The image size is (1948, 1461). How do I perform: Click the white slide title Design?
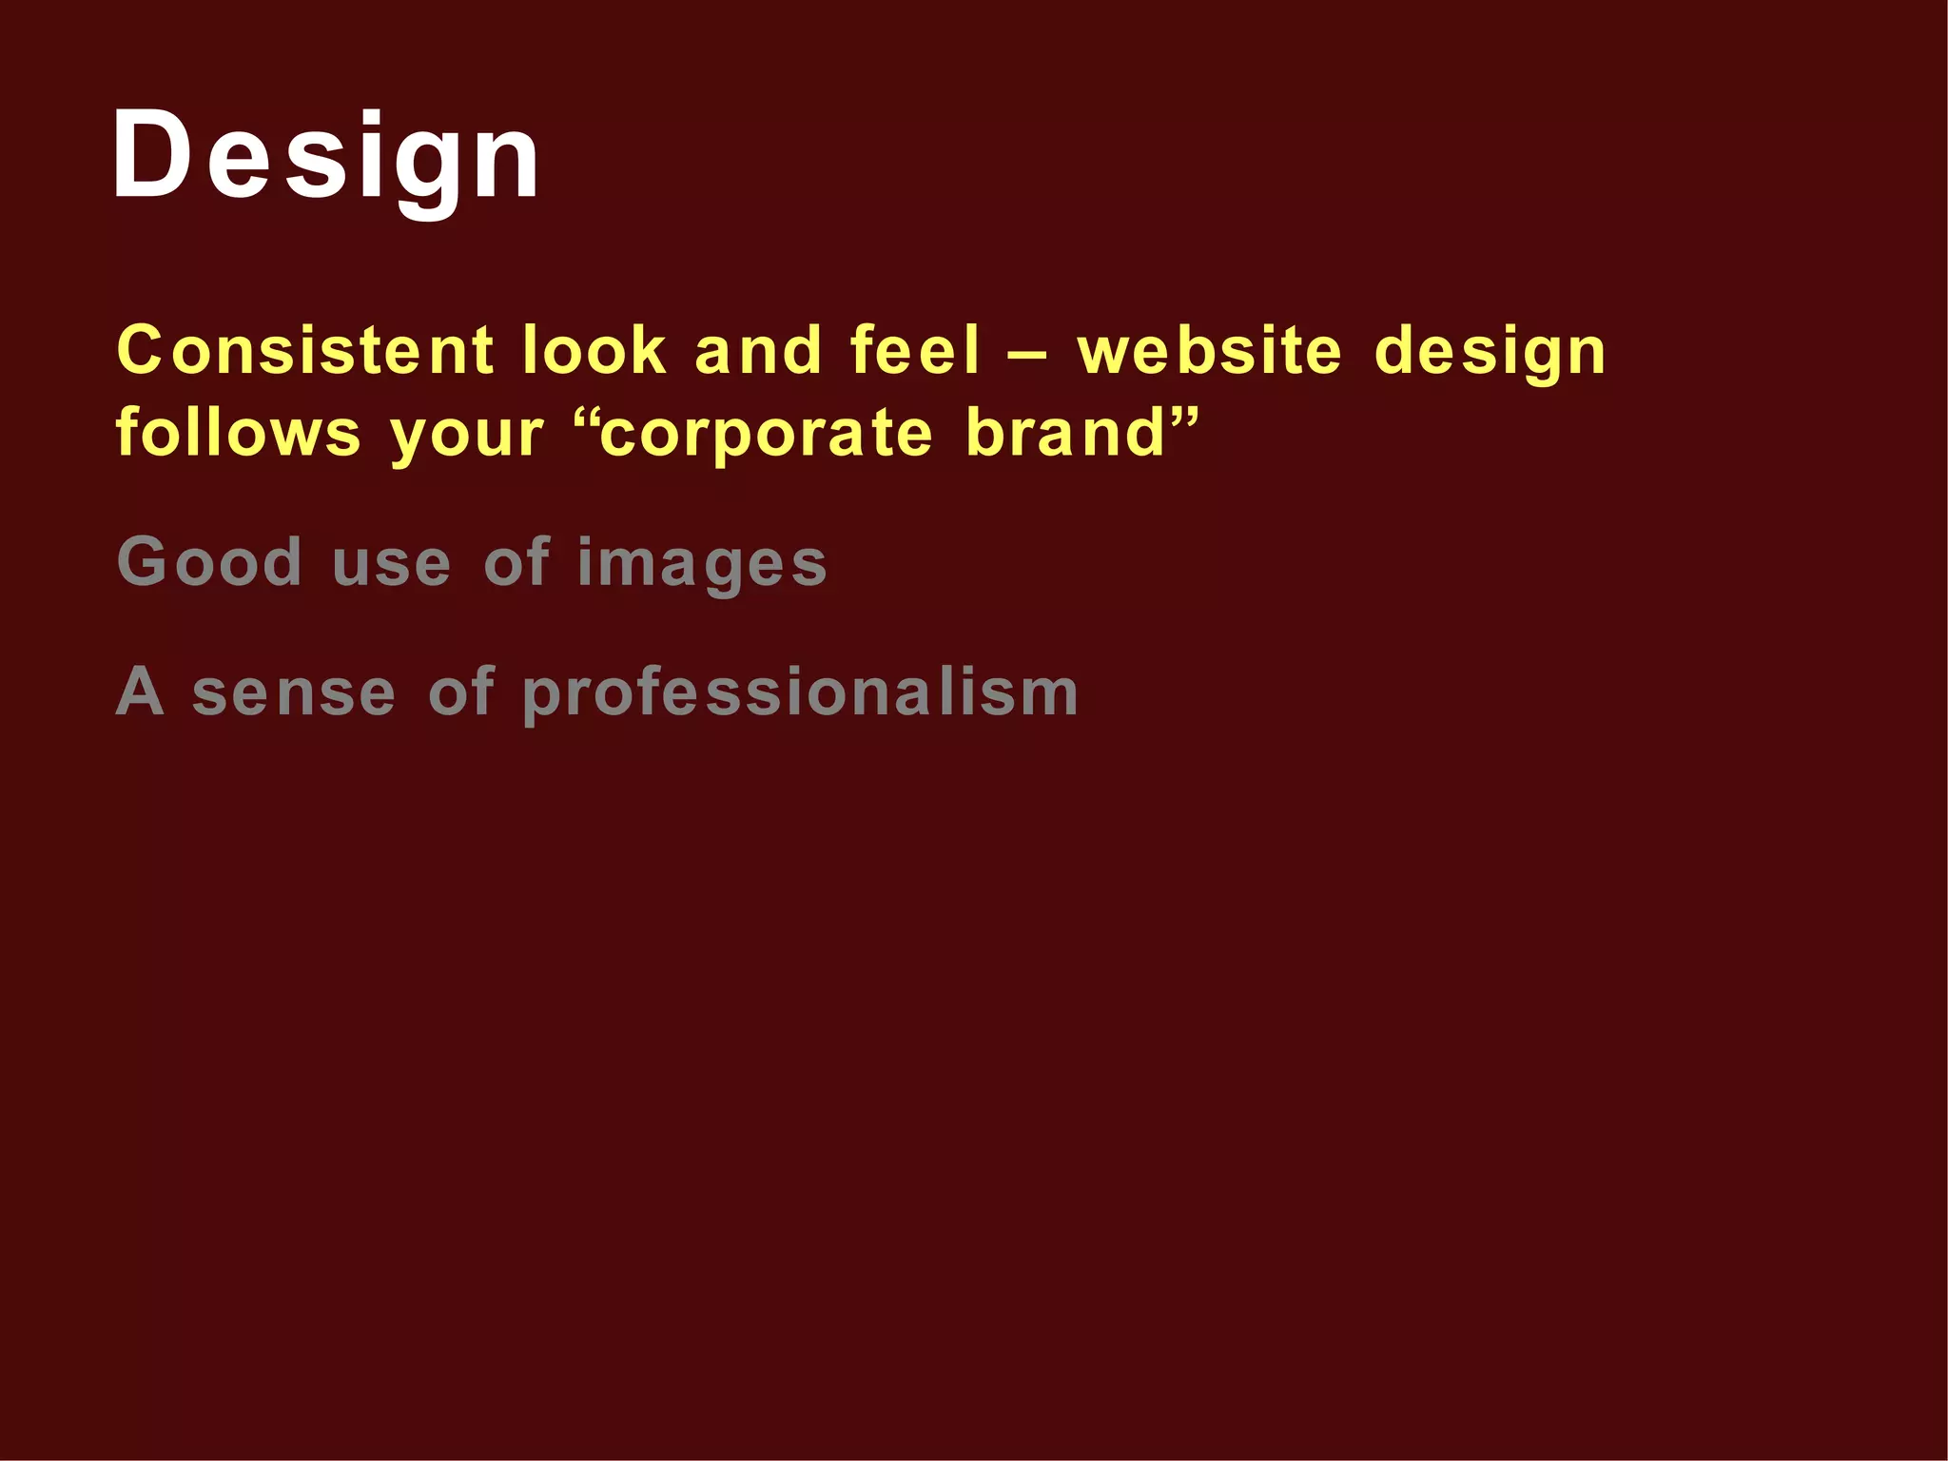pyautogui.click(x=326, y=157)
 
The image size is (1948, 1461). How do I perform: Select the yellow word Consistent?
pyautogui.click(x=304, y=350)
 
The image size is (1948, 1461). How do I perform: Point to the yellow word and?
pyautogui.click(x=758, y=350)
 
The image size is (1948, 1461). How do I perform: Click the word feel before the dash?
pyautogui.click(x=914, y=350)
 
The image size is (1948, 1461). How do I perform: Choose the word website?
pyautogui.click(x=1210, y=350)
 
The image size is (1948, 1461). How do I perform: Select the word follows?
pyautogui.click(x=238, y=433)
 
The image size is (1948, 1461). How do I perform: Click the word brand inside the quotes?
pyautogui.click(x=1066, y=433)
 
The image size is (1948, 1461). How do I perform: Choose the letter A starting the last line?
pyautogui.click(x=140, y=692)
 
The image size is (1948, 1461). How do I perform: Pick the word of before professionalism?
pyautogui.click(x=461, y=692)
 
